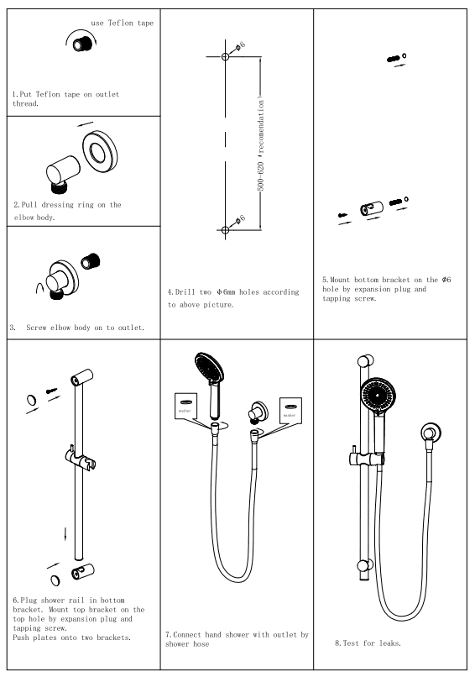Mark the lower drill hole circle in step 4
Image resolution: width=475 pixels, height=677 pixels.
(225, 230)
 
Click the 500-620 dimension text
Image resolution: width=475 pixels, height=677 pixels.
(262, 155)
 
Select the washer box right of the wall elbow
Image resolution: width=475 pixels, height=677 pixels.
(291, 407)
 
